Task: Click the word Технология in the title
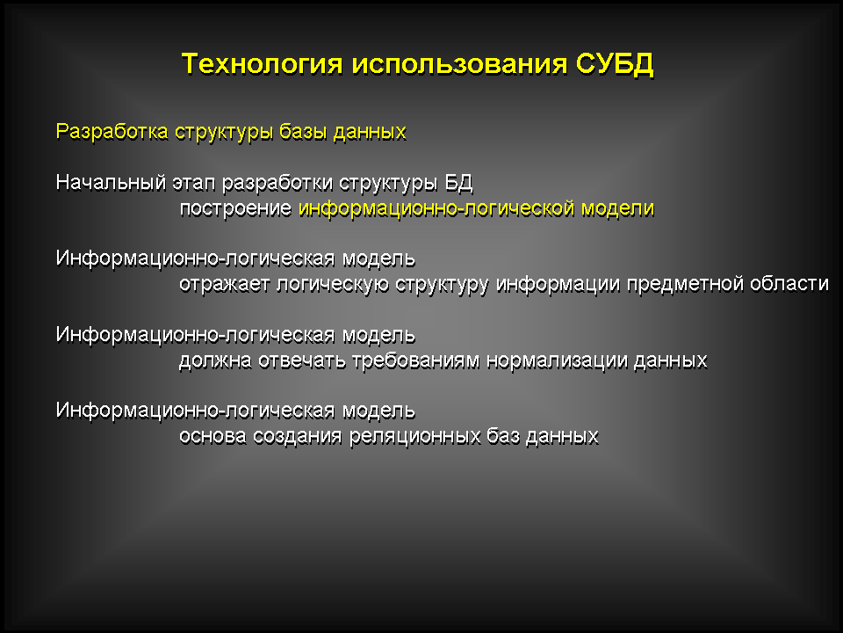[262, 64]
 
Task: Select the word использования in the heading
[459, 64]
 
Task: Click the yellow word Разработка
[112, 132]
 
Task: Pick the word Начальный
[112, 183]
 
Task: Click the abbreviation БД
[458, 184]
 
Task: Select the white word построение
[235, 209]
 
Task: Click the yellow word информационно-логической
[436, 208]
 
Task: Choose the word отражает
[224, 284]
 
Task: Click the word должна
[215, 360]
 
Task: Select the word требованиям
[415, 360]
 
